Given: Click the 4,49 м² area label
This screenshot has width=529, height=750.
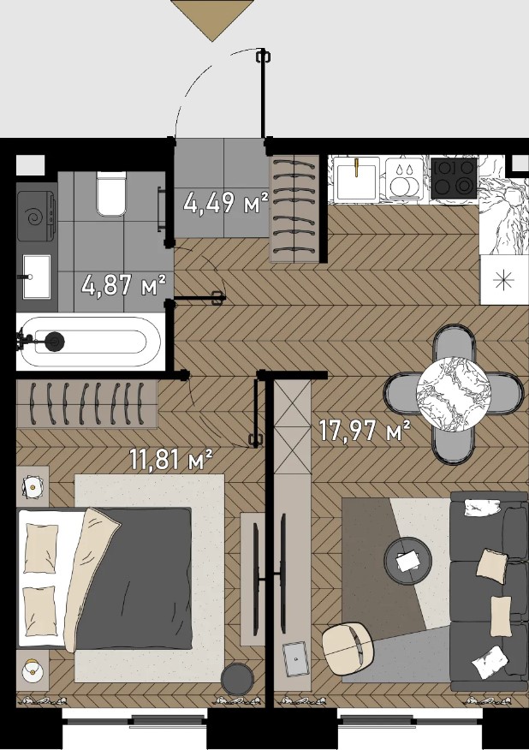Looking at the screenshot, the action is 226,203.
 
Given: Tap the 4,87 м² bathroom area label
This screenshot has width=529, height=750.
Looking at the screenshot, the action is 124,285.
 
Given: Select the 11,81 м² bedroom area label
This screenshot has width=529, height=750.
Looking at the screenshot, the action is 171,460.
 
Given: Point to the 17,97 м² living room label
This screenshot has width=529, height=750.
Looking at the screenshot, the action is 365,430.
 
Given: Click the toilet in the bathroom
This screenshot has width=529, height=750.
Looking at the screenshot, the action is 112,193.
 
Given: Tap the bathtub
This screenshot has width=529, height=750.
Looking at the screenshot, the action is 88,342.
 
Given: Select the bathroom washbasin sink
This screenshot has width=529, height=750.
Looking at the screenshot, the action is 36,277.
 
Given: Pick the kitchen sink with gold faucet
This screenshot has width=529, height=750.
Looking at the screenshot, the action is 357,179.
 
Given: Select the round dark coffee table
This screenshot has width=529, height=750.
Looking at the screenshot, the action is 408,560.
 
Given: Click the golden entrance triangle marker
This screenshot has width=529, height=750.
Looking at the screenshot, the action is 211,19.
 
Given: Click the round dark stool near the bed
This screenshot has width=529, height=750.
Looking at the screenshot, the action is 237,678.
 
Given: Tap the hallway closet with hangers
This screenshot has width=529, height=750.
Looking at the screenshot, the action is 294,209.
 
